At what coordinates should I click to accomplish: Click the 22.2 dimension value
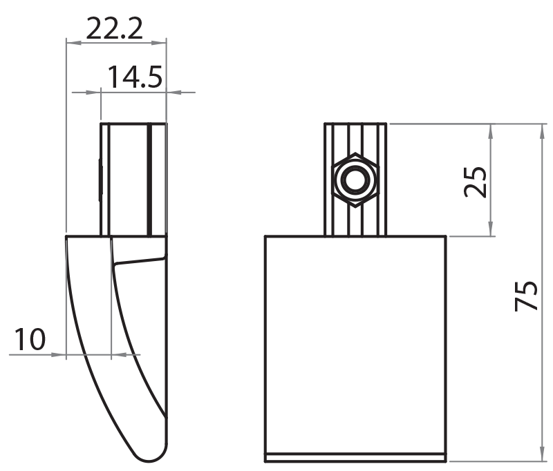coord(114,28)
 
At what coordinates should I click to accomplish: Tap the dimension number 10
coord(30,339)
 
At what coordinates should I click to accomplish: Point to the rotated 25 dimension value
coord(476,182)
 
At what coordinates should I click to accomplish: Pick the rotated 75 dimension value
coord(527,295)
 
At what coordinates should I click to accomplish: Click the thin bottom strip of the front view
coord(356,457)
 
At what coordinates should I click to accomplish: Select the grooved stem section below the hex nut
coord(356,221)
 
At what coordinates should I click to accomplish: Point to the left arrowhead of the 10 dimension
coord(59,354)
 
